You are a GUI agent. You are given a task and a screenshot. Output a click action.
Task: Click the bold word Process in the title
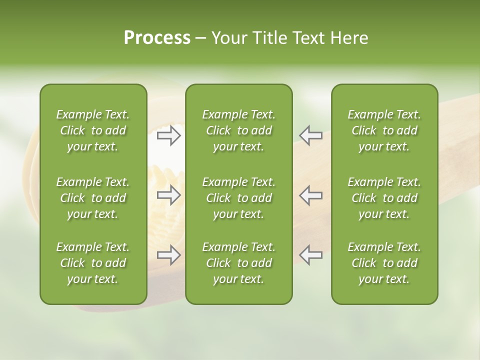tap(157, 38)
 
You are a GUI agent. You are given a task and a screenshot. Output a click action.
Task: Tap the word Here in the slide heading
tap(349, 38)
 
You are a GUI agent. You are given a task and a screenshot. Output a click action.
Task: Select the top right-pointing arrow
tap(168, 135)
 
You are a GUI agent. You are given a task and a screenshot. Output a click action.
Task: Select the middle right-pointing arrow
tap(168, 195)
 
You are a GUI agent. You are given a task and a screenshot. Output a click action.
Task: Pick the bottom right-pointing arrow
tap(168, 255)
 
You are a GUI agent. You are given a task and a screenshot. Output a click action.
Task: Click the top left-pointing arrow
tap(311, 135)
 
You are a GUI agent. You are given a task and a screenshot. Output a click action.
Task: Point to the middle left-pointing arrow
tap(311, 195)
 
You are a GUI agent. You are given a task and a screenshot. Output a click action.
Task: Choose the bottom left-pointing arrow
tap(311, 255)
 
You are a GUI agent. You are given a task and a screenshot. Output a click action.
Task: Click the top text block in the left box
tap(93, 130)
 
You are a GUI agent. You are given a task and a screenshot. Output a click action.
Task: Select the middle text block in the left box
tap(93, 198)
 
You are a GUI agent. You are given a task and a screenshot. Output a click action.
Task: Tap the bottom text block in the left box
tap(93, 263)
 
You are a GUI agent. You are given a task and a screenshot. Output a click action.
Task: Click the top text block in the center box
tap(239, 130)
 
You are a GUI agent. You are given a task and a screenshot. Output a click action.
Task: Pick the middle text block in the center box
tap(239, 198)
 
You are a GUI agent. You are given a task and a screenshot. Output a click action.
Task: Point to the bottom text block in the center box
tap(239, 263)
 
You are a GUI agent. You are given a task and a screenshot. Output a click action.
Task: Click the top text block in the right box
tap(384, 130)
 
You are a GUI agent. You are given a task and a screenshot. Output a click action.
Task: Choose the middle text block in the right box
tap(384, 198)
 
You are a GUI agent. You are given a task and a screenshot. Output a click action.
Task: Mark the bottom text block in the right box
tap(384, 263)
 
